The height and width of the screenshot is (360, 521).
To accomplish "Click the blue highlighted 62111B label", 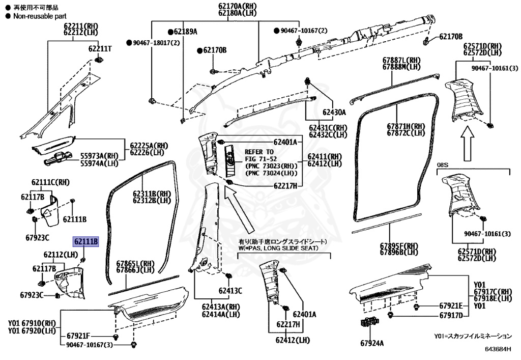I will (x=85, y=241).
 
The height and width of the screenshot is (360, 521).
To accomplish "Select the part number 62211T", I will (x=100, y=49).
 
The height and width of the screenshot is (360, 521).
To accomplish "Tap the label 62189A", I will (x=185, y=32).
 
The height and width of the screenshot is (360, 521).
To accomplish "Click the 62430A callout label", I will (x=333, y=112).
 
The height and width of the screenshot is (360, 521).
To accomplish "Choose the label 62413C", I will (x=230, y=291).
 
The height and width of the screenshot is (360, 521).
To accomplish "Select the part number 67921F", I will (x=78, y=336).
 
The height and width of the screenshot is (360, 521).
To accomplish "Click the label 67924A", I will (x=372, y=344).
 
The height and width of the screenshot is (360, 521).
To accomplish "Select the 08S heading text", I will (x=444, y=164).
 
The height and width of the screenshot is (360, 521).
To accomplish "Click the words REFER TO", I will (x=259, y=152).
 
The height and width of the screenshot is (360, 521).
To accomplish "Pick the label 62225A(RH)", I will (x=149, y=145).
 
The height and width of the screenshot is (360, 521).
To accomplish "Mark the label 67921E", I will (x=451, y=306).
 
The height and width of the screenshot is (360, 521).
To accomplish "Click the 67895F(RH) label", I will (x=398, y=245).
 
